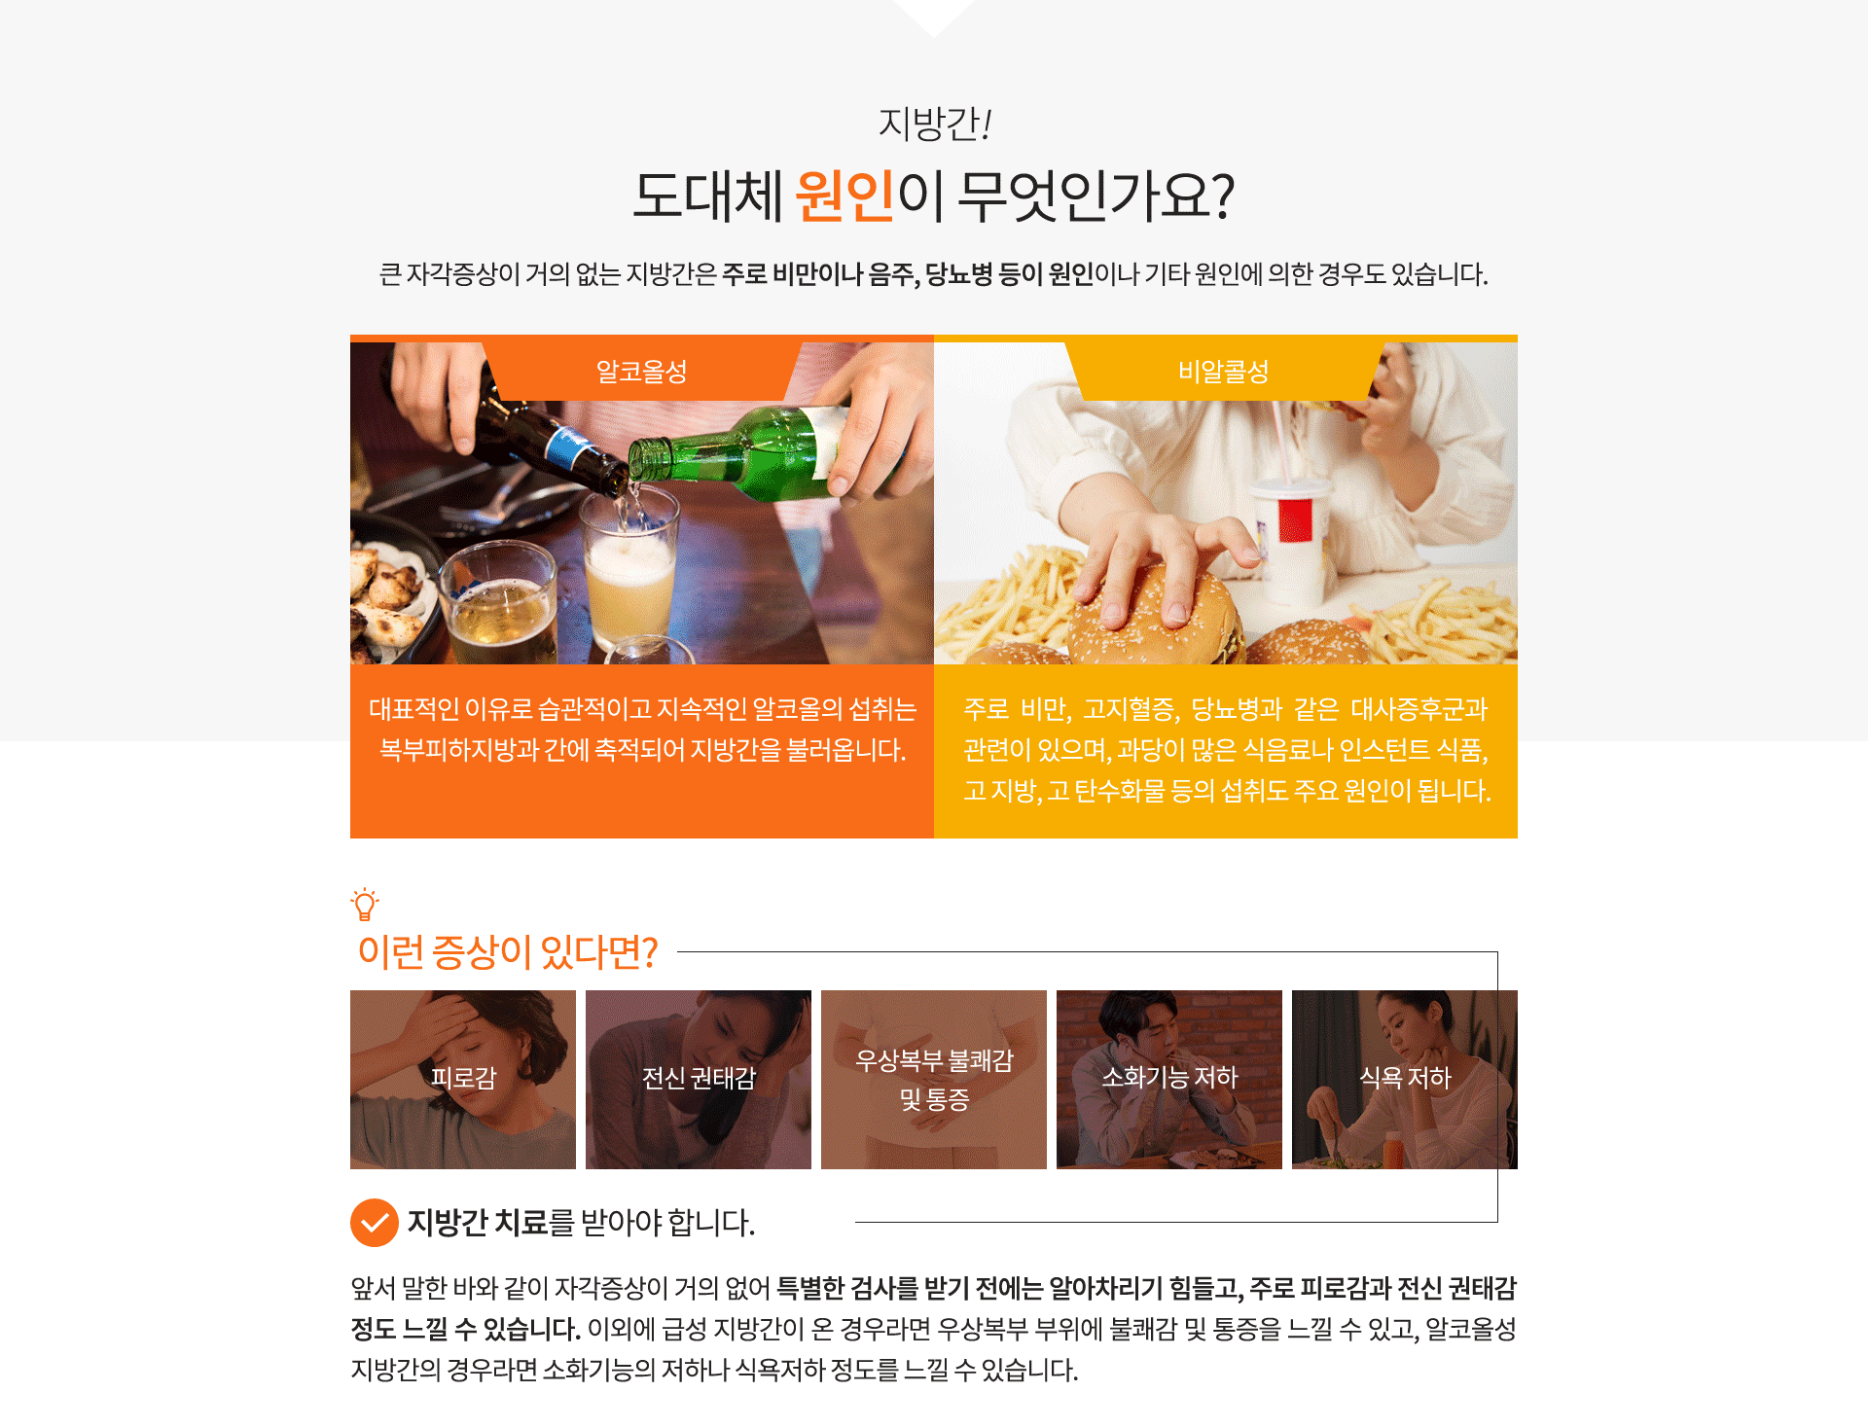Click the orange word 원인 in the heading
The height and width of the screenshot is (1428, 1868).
tap(844, 196)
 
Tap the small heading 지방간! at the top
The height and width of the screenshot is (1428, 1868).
tap(934, 124)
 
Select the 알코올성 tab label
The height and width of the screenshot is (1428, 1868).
tap(642, 371)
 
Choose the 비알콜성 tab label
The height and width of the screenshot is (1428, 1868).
tap(1224, 371)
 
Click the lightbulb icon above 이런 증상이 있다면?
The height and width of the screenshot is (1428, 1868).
tap(365, 905)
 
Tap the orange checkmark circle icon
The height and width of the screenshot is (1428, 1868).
tap(375, 1223)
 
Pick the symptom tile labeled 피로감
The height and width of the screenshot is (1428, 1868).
tap(463, 1080)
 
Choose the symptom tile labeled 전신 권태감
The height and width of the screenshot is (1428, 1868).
tap(699, 1080)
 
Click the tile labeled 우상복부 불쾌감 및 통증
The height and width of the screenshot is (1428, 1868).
tap(934, 1080)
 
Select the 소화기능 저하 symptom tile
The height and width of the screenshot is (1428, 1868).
tap(1169, 1080)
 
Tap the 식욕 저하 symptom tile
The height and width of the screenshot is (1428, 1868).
tap(1405, 1080)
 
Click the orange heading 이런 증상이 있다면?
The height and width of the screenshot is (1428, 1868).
tap(508, 952)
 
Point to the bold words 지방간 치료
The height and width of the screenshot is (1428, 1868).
tap(478, 1223)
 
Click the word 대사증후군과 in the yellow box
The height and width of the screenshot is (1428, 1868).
tap(1419, 709)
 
